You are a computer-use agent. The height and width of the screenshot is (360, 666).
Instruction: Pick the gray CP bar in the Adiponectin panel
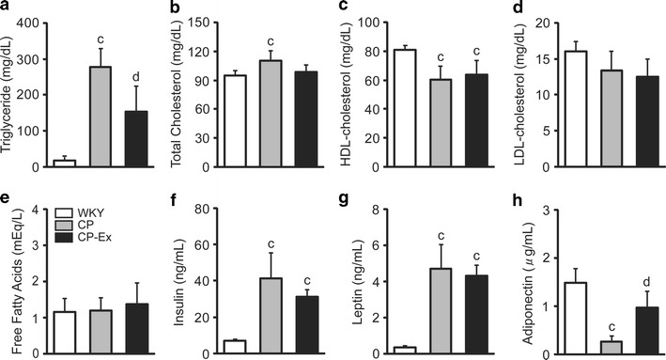coord(590,347)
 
